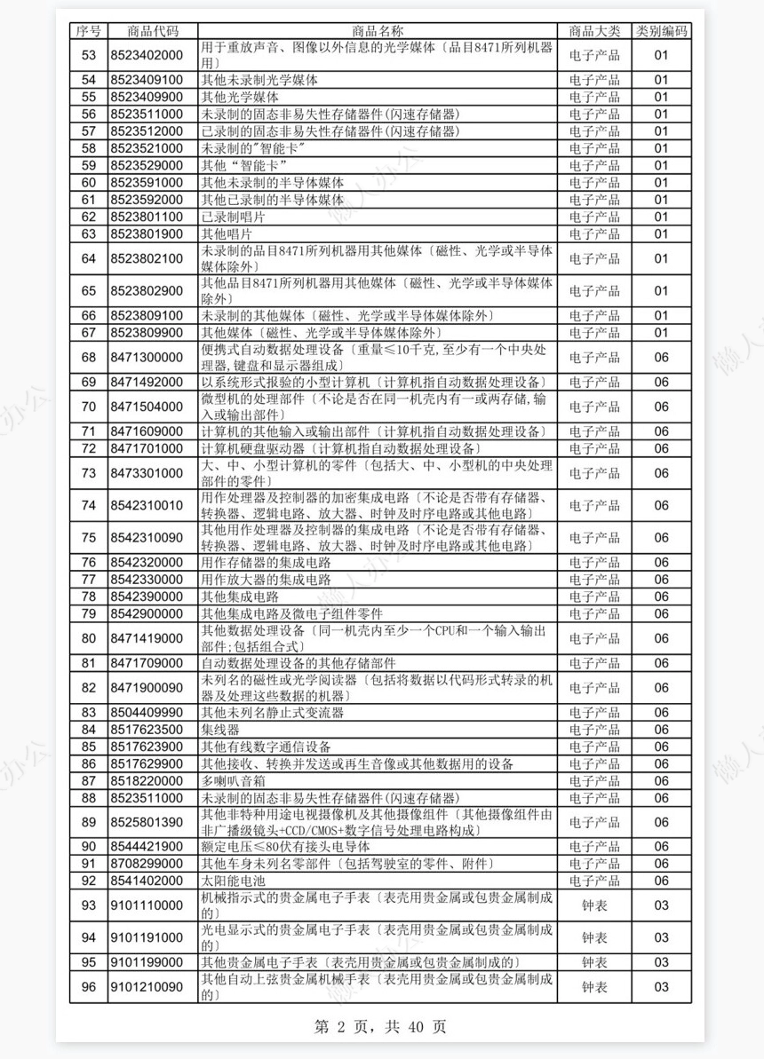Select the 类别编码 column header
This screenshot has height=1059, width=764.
pos(661,31)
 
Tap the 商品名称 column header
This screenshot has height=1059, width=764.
pos(378,31)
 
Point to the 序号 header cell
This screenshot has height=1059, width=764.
pos(89,31)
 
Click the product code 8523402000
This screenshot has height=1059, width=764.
pos(147,55)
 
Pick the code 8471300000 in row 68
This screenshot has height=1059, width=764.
pos(147,357)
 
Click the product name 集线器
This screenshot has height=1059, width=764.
pos(220,730)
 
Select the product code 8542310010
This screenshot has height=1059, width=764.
pos(147,505)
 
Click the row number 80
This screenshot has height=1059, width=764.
pos(89,638)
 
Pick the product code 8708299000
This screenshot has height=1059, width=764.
pos(147,864)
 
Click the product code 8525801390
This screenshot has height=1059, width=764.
pos(147,822)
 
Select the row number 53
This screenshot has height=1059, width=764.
pos(89,55)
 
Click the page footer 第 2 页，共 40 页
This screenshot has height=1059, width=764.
pos(380,1028)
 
